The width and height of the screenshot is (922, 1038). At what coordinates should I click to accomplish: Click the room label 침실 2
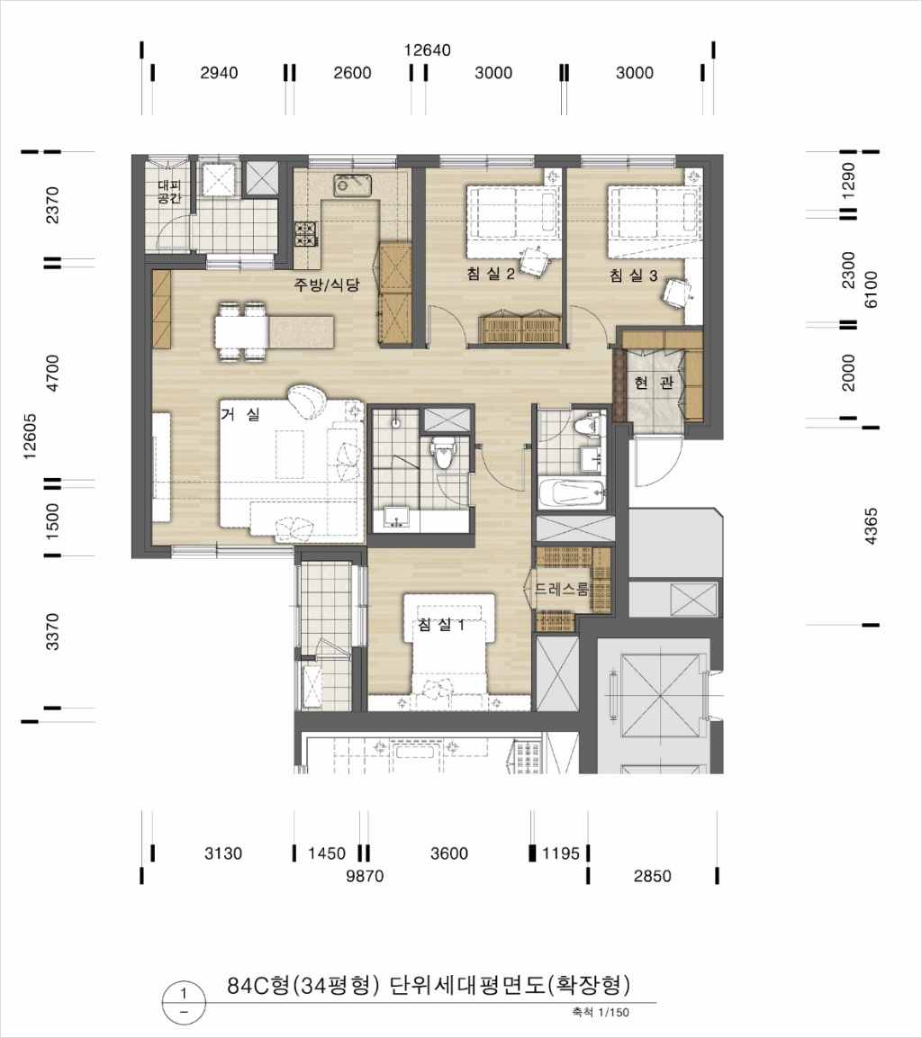pos(491,274)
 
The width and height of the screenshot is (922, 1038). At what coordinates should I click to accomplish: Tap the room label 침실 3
pos(633,275)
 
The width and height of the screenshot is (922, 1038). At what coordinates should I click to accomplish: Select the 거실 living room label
pos(240,414)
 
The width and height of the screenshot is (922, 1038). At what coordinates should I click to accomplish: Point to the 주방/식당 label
pos(327,284)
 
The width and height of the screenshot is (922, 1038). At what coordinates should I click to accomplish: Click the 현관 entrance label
pos(654,382)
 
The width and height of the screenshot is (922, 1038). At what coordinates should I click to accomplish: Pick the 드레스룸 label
pos(561,589)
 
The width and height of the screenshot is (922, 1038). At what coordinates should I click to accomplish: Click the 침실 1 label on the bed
pos(441,624)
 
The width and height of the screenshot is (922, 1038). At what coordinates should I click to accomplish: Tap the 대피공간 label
pos(169,192)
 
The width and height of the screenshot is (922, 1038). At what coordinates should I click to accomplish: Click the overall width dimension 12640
pos(428,50)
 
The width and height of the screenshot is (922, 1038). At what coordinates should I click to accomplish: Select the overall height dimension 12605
pos(30,437)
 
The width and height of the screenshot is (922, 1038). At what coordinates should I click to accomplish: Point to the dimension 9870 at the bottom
pos(365,876)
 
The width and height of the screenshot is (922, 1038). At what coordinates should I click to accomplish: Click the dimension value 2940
pos(219,73)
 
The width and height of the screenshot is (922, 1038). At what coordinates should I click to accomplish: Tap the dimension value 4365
pos(871,527)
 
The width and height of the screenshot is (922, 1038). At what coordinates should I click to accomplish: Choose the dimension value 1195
pos(561,853)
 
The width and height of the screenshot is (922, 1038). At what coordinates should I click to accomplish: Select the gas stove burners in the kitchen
pos(306,234)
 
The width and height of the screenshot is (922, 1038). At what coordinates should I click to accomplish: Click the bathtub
pos(571,492)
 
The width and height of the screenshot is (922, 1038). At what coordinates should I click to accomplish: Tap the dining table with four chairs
pos(241,331)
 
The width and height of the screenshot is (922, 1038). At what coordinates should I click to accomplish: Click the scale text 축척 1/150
pos(601,1012)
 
